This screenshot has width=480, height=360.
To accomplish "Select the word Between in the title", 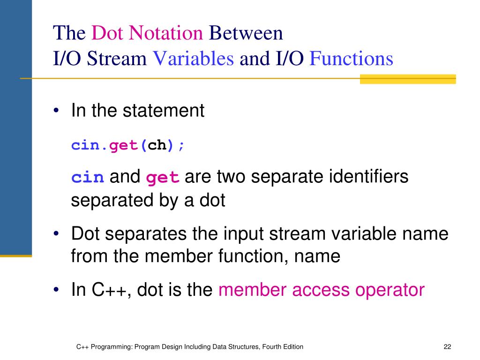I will (x=246, y=34).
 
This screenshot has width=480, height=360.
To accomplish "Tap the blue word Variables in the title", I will (x=194, y=60).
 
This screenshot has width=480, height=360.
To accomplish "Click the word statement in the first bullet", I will (x=164, y=111).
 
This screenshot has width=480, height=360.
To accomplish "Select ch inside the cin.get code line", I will (x=157, y=146).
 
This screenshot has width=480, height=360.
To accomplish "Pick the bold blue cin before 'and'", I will (x=87, y=178).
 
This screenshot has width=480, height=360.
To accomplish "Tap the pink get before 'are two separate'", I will (x=163, y=178).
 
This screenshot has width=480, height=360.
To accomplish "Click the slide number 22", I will (x=447, y=347).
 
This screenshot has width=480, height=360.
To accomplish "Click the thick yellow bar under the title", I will (x=408, y=79).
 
